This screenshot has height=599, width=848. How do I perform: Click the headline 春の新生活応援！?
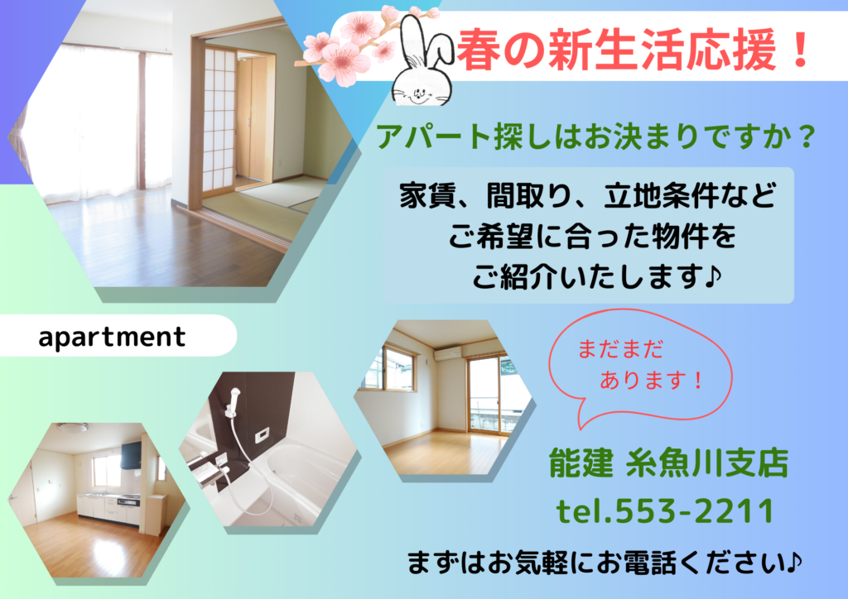coord(633,50)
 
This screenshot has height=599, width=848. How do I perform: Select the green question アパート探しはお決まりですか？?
coord(595,137)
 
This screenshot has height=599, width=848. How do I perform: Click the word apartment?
coord(112,337)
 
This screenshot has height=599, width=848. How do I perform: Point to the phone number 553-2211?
coord(694,511)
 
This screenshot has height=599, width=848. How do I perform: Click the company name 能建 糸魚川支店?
coord(668,463)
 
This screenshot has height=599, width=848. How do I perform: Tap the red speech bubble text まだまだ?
coord(619,349)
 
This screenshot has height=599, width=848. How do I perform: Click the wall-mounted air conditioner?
coord(448,354)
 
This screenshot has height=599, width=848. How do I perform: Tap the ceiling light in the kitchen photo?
coord(73,427)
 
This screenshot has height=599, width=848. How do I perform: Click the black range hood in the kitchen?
coord(132,455)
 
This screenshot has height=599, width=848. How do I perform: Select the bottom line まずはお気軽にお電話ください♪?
coord(605,563)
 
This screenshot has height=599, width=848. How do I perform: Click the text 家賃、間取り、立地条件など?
coord(588,196)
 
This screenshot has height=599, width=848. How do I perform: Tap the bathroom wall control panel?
coord(262,434)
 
